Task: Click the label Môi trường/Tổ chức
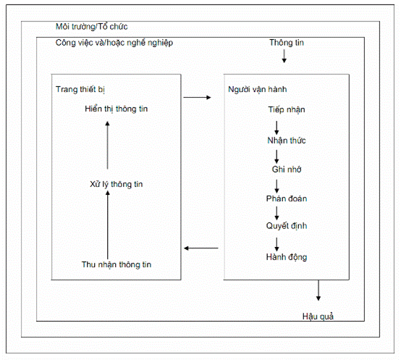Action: [x=91, y=27]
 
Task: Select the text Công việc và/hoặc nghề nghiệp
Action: [x=114, y=43]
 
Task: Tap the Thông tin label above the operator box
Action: [x=287, y=43]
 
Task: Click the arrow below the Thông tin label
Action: [x=284, y=56]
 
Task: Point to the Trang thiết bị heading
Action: [x=80, y=89]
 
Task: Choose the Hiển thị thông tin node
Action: [x=116, y=109]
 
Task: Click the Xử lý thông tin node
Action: [x=116, y=184]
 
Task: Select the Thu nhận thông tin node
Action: [x=117, y=264]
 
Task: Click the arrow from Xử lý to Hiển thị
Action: [x=107, y=145]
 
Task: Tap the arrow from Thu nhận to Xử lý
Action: [x=108, y=225]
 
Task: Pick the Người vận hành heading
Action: [x=257, y=89]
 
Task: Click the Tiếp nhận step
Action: [x=287, y=110]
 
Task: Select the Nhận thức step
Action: [x=287, y=141]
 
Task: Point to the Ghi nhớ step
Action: [x=287, y=169]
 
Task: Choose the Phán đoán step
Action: [x=287, y=198]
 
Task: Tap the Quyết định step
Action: [x=287, y=226]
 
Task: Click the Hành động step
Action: [x=287, y=257]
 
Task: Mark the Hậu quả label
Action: [x=318, y=317]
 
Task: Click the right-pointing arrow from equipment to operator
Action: [x=197, y=98]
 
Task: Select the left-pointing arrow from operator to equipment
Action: [x=201, y=248]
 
